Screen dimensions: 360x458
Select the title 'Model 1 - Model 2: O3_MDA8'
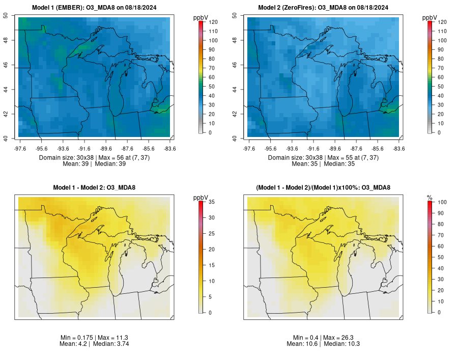tap(94, 188)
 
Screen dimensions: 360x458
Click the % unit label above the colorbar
tap(430, 197)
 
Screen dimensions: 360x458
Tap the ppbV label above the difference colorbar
tap(201, 197)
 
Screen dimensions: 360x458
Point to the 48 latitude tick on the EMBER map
tap(13, 40)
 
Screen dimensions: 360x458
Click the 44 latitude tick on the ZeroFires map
tap(241, 90)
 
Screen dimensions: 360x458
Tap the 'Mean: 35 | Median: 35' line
tap(323, 164)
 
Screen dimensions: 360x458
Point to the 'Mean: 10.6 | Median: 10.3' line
tap(323, 344)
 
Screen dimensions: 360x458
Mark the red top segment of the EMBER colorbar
tap(202, 23)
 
